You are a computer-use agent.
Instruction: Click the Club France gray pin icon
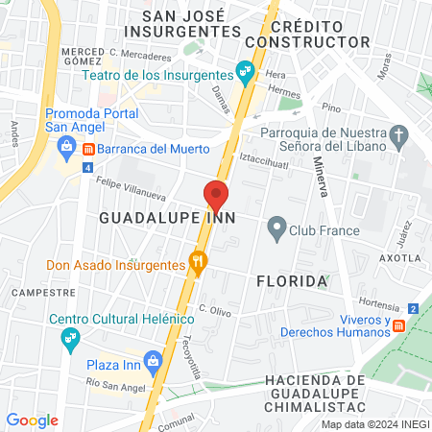coord(277,229)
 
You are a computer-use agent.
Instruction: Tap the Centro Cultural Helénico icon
coord(70,338)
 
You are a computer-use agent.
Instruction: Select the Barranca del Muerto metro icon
coord(88,150)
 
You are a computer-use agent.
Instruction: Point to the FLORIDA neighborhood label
coord(293,281)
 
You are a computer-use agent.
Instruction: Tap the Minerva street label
coord(320,179)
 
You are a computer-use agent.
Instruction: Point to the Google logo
coord(33,420)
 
